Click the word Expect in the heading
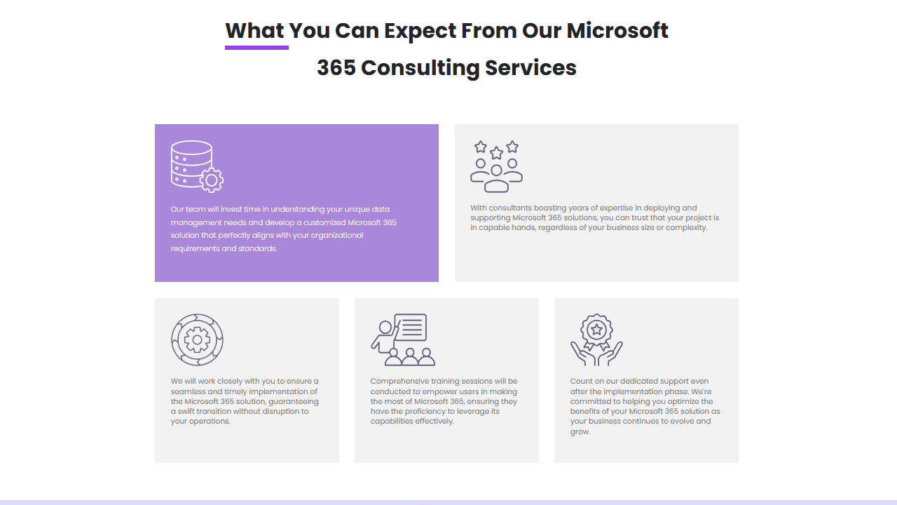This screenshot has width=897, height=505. point(420,32)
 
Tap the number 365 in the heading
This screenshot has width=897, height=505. point(336,67)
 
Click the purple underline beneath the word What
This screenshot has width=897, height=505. point(256,48)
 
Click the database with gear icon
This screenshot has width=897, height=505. point(197,166)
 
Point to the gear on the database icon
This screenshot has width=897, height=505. point(212,180)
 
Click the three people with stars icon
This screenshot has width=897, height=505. point(497,166)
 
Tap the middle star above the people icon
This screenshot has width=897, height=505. point(497,153)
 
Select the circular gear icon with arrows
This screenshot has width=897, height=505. point(197,339)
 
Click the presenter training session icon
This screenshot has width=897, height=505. point(403,339)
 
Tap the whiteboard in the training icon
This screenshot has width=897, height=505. point(411,327)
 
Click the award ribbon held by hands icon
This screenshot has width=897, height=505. point(596,339)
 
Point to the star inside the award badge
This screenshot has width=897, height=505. point(596,330)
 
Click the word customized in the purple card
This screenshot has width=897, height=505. point(324,222)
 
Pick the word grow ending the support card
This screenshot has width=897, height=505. point(580,432)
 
